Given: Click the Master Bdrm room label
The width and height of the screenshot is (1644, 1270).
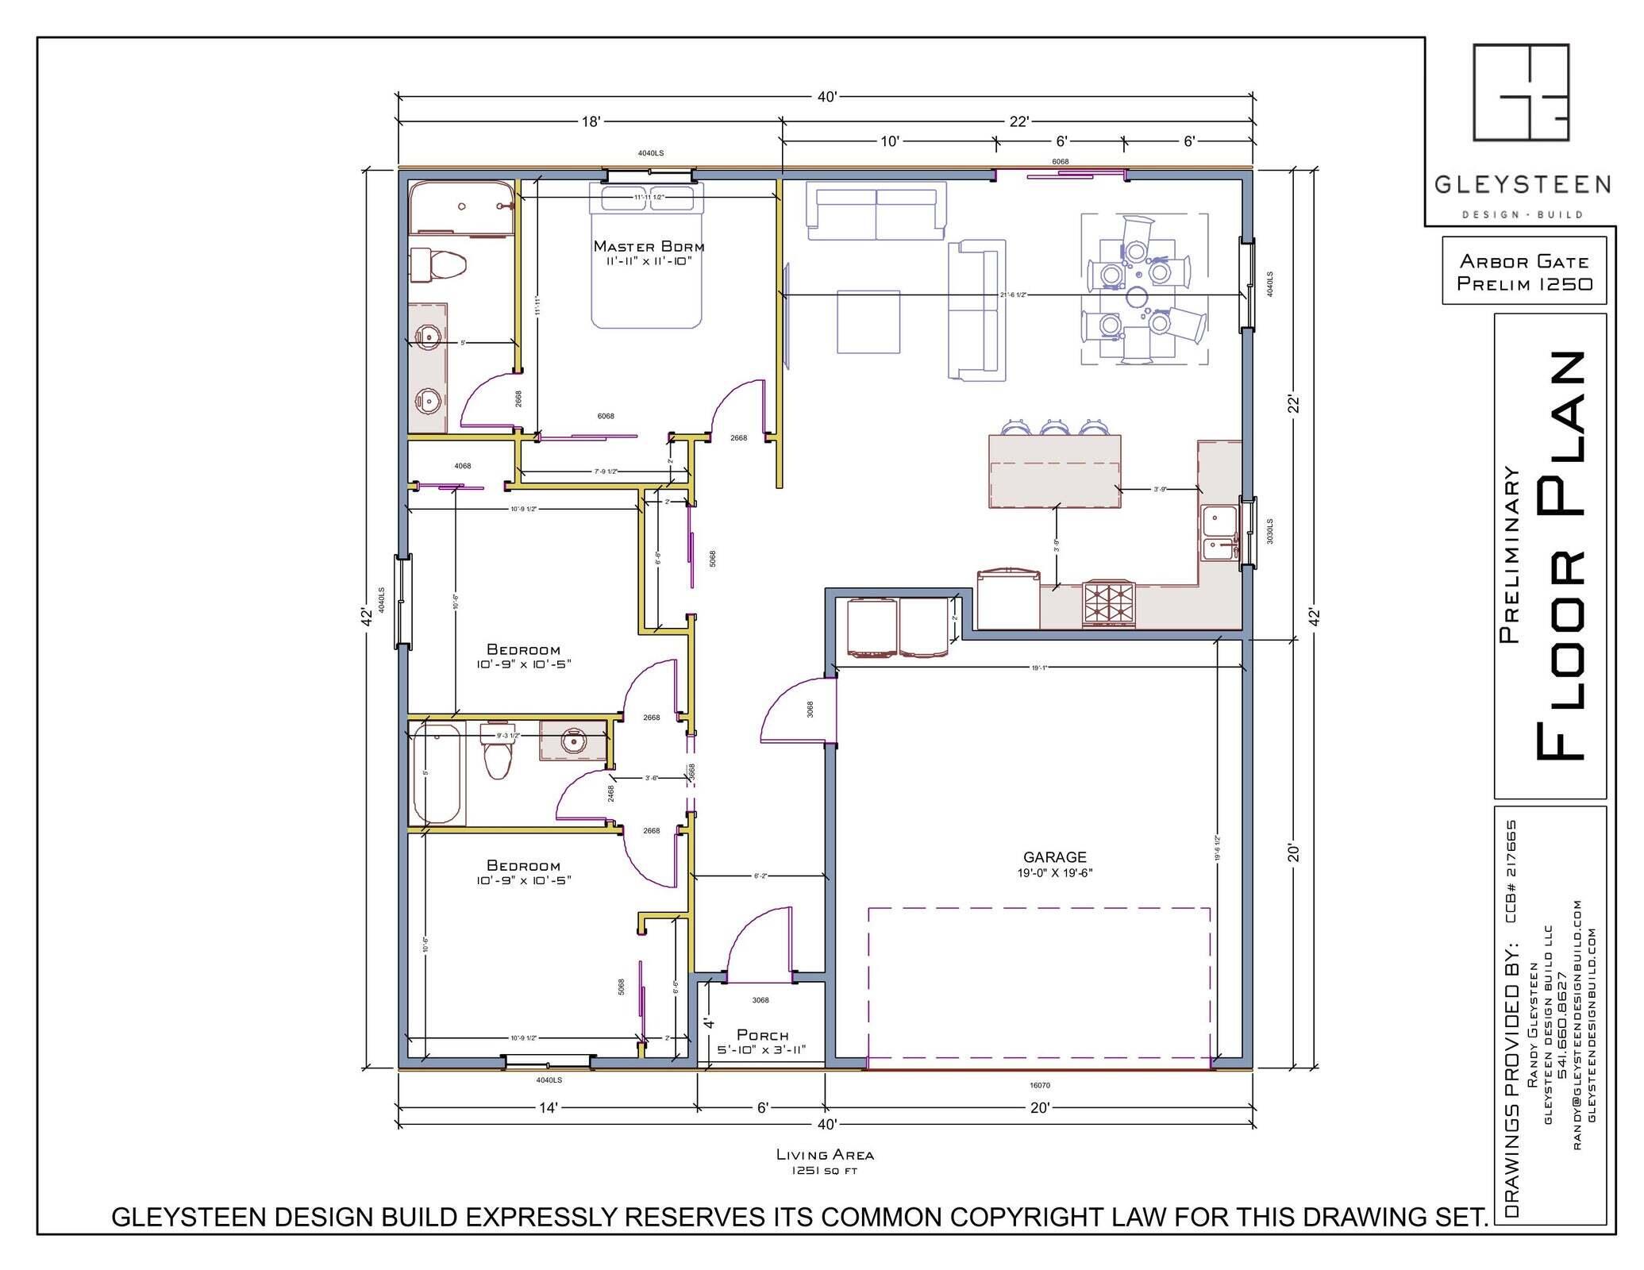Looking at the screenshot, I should point(649,246).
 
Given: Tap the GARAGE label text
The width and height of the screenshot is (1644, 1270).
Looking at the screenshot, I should point(1054,857).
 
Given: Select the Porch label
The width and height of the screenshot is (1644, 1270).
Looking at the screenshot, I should point(762,1035).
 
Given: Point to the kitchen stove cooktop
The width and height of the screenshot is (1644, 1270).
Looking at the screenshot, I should point(1110,603).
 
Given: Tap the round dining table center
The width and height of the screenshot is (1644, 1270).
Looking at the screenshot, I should point(1137,295).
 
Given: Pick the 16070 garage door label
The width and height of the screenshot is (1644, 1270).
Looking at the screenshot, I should point(1039,1085).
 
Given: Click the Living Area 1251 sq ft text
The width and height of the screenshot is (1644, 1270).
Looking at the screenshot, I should point(825,1161).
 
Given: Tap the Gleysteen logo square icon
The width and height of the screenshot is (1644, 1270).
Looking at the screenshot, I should point(1521,92).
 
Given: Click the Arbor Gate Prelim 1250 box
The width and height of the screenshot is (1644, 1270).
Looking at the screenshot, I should point(1524,271).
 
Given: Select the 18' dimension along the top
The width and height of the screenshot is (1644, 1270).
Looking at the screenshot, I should point(591,121).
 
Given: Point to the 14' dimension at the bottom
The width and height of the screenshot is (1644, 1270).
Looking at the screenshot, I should point(549,1108).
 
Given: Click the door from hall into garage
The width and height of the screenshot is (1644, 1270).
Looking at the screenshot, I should point(798,709).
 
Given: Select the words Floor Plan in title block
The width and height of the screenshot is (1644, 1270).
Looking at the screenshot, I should point(1560,556).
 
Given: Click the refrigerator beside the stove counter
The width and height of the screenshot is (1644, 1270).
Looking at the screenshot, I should point(1008,600).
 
